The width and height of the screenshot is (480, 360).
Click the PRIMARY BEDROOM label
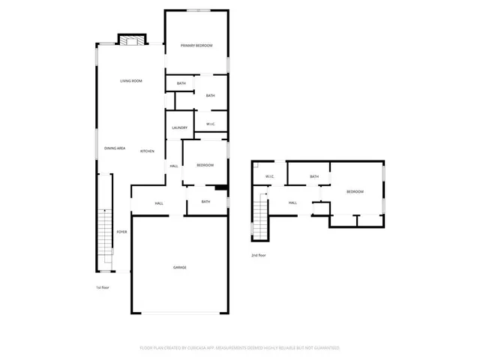pos(196,46)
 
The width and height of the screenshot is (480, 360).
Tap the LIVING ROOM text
pos(131,81)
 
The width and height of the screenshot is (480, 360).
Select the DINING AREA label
pos(115,148)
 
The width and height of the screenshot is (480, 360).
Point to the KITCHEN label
pos(147,151)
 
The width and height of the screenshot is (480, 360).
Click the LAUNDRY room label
pos(179,127)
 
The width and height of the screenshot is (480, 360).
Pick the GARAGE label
pos(180,267)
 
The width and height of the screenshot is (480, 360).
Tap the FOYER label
pos(121,232)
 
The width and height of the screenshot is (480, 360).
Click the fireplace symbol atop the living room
pos(130,40)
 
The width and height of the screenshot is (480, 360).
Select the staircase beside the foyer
pos(106,240)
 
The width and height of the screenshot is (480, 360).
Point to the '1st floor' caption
pos(102,287)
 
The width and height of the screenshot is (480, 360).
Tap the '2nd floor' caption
pos(259,255)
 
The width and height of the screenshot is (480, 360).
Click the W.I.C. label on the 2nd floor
pos(269,177)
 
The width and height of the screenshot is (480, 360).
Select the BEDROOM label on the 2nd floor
pos(355,192)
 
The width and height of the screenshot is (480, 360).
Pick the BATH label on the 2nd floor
pos(314,177)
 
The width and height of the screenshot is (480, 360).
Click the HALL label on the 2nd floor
pos(292,202)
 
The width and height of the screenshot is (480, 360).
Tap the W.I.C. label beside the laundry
pos(211,124)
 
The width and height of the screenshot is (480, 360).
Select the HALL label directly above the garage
pos(159,203)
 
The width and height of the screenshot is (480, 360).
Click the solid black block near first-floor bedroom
pos(221,188)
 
